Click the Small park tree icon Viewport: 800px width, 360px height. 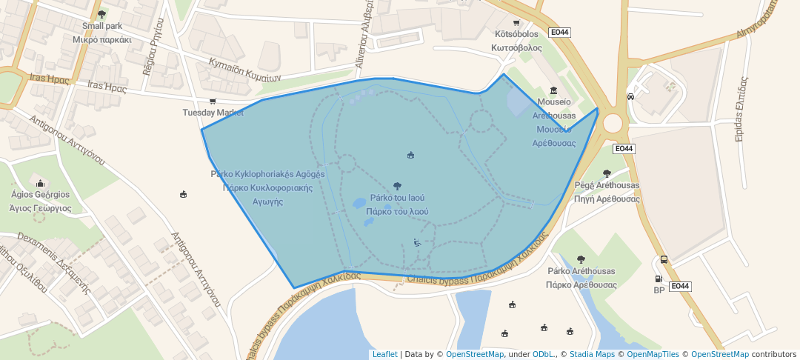tap(101, 14)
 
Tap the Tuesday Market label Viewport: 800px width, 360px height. tap(213, 113)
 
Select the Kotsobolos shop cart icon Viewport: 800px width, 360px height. tap(516, 22)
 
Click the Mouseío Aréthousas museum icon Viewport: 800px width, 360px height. tap(553, 90)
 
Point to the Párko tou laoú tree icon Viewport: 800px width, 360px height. tap(398, 186)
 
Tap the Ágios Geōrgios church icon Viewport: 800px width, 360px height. tap(40, 183)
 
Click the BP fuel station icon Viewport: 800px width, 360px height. tap(658, 279)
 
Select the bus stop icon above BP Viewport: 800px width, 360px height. tap(664, 260)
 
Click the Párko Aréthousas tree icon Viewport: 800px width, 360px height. tap(581, 259)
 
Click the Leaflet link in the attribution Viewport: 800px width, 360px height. tap(384, 355)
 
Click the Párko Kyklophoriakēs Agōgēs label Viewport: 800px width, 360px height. tap(267, 175)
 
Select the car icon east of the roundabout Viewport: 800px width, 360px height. tap(630, 96)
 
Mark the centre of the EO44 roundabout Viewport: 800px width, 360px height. tap(613, 123)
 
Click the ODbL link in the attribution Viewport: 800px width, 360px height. tap(544, 355)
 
